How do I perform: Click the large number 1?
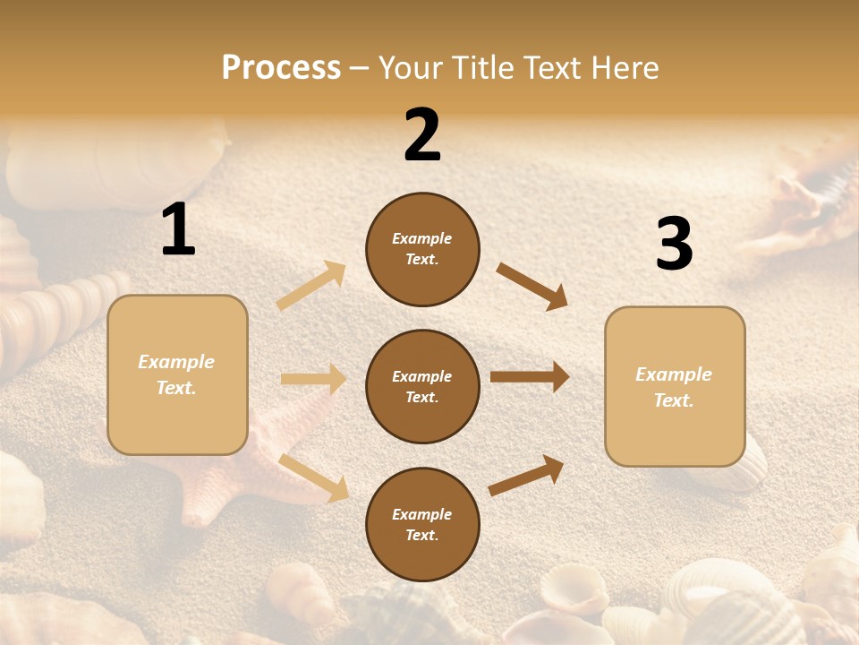coord(178,230)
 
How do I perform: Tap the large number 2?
coord(422,135)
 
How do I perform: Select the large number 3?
coord(674,245)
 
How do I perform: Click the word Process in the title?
coord(281,67)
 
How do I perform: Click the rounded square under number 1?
coord(177,374)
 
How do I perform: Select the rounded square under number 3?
coord(675,386)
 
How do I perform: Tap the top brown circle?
coord(422,249)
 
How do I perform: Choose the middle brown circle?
coord(422,386)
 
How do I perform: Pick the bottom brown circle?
coord(422,524)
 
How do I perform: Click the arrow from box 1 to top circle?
coord(311,285)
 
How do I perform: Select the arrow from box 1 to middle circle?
coord(313,379)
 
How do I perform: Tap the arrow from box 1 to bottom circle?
coord(314,477)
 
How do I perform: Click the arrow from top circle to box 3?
coord(532,287)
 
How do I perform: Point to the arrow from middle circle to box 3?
coord(530,377)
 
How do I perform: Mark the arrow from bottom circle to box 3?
coord(527,475)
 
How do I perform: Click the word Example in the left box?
coord(176,362)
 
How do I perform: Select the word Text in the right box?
coord(674,400)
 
